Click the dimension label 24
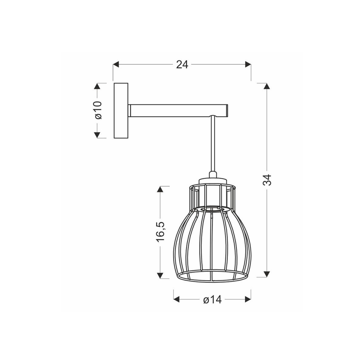(182, 64)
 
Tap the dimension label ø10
(97, 110)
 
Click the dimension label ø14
(212, 300)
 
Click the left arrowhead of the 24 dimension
(116, 64)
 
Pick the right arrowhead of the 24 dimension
(248, 64)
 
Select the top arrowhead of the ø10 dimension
(97, 86)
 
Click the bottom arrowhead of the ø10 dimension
(97, 135)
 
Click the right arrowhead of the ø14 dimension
(248, 300)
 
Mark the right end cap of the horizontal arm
(227, 110)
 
